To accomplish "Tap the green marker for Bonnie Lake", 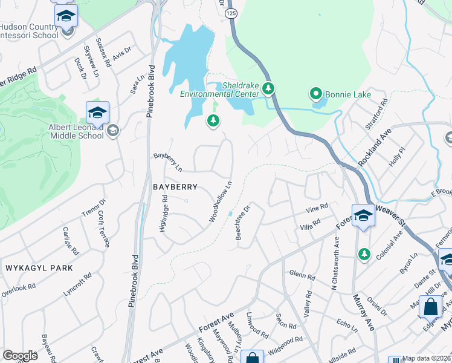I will tap(315, 94).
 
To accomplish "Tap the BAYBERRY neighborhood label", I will tap(175, 188).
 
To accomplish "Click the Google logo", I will tap(21, 356).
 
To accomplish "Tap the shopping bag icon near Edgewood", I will tap(430, 307).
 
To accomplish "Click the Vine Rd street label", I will tap(316, 208).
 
